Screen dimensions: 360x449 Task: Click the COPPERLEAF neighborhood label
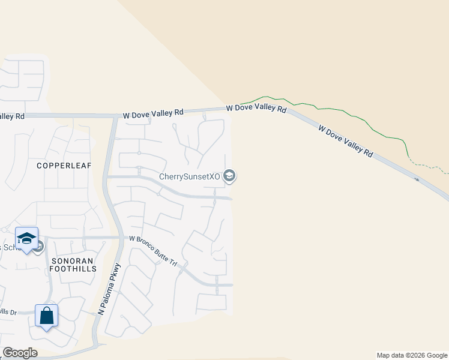pyautogui.click(x=64, y=165)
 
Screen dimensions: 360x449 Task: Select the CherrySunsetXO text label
pyautogui.click(x=190, y=176)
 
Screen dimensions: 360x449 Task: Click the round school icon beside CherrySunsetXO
pyautogui.click(x=229, y=176)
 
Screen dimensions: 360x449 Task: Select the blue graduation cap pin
pyautogui.click(x=26, y=238)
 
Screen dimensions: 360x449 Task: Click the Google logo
pyautogui.click(x=20, y=353)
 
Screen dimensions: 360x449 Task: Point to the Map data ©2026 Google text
pyautogui.click(x=412, y=355)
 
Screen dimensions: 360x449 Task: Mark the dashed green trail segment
pyautogui.click(x=428, y=164)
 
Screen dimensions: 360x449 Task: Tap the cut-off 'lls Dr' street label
pyautogui.click(x=8, y=312)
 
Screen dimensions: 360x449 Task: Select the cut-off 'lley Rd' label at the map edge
pyautogui.click(x=12, y=116)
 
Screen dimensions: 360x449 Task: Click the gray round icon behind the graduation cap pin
pyautogui.click(x=38, y=246)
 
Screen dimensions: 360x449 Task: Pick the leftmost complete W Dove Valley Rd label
pyautogui.click(x=153, y=113)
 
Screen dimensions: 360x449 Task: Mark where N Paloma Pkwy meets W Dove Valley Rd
pyautogui.click(x=115, y=116)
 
